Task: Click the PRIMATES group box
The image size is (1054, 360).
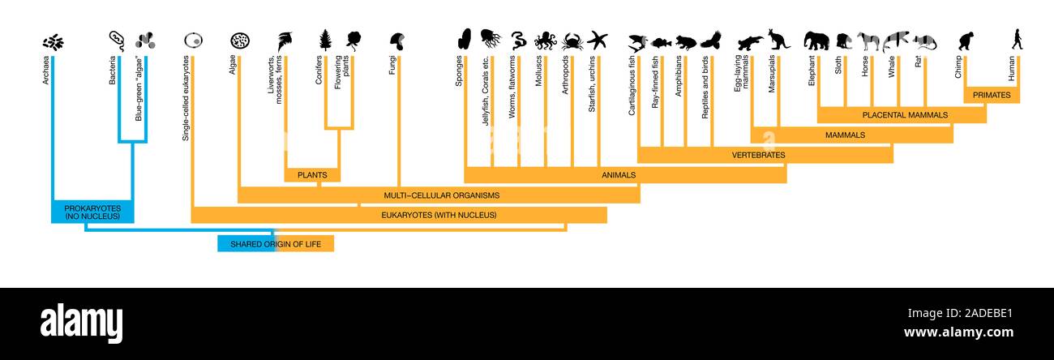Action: click(992, 95)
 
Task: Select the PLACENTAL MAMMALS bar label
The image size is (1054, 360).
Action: click(905, 115)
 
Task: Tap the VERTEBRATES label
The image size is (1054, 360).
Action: click(758, 154)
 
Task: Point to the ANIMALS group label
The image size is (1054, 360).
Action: click(619, 174)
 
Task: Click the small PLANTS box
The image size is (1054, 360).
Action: click(311, 174)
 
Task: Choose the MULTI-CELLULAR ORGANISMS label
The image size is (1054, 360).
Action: click(441, 195)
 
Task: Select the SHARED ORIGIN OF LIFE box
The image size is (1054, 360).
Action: click(276, 243)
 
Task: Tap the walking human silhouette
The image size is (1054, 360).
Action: click(1017, 39)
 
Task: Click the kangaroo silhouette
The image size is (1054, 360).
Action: click(778, 39)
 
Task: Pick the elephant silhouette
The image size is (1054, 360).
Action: click(816, 41)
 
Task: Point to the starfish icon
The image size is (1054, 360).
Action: click(598, 40)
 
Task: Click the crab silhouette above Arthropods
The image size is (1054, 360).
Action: click(572, 41)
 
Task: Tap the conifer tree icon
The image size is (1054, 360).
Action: click(325, 40)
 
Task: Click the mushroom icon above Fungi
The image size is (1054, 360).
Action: click(397, 40)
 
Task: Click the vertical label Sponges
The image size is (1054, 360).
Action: click(459, 71)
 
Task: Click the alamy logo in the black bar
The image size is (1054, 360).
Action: click(82, 320)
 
